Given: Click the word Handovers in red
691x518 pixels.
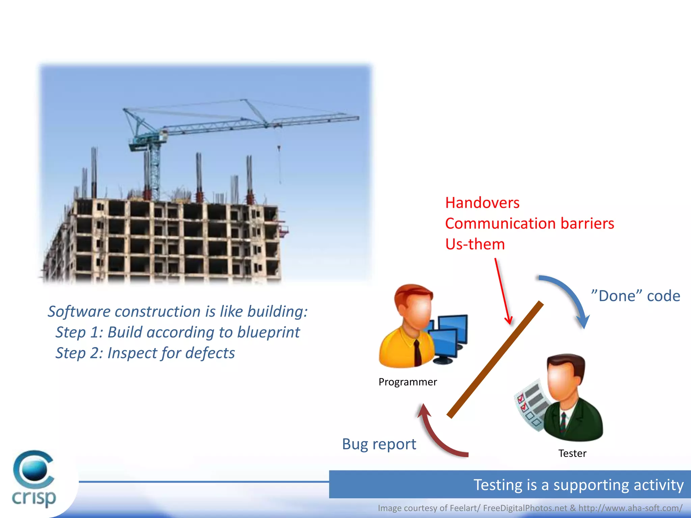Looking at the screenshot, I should point(482,203).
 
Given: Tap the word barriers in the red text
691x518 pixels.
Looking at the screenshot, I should point(587,224).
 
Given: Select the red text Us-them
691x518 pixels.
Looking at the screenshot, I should point(475,244).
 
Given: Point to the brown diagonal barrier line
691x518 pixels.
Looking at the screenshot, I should point(495,359).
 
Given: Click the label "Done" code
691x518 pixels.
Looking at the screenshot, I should point(635,296).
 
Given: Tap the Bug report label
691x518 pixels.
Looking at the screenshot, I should point(379,444).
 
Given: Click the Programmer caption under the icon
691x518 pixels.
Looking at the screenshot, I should point(408,382).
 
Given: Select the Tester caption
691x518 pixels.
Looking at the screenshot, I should point(572,454).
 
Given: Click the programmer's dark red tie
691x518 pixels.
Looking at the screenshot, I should point(418,353).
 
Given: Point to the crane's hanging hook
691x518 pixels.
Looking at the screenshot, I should point(279,148).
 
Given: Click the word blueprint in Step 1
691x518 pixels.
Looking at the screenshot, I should point(268,333).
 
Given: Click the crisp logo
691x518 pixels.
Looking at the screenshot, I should point(34,479).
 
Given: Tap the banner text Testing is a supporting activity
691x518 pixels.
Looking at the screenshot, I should point(578,485).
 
